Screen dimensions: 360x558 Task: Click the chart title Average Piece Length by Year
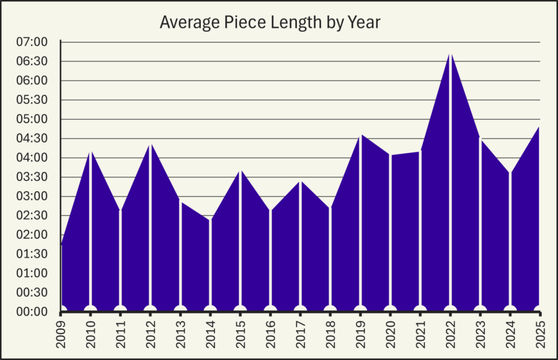point(270,22)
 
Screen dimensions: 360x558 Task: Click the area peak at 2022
point(451,53)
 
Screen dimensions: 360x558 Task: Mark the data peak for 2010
point(91,151)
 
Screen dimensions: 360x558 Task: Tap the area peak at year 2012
point(151,144)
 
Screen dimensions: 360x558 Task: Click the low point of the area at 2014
point(211,219)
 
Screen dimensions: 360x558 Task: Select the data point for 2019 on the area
point(361,134)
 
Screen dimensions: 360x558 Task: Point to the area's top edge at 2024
point(510,172)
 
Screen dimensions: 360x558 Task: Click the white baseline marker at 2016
point(271,309)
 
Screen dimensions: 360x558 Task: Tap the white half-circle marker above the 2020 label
point(391,309)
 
